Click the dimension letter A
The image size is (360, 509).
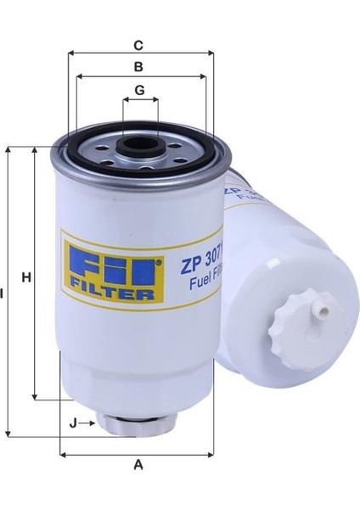(139, 464)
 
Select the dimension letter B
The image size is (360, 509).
(139, 65)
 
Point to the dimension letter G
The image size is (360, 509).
(139, 89)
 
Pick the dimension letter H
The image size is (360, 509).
(25, 277)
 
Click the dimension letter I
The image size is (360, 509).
(3, 294)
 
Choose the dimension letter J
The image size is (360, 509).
(74, 421)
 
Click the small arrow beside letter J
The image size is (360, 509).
(88, 421)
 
